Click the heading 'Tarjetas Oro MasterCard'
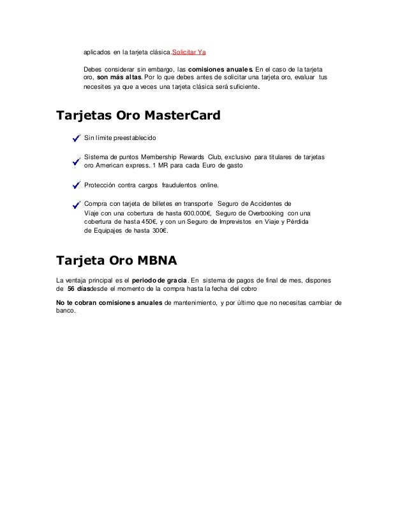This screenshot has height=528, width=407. click(138, 116)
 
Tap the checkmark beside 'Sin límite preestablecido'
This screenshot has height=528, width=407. click(76, 138)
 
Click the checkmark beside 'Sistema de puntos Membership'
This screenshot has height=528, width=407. click(76, 162)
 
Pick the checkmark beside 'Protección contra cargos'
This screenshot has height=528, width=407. click(76, 186)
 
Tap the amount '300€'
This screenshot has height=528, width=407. click(155, 231)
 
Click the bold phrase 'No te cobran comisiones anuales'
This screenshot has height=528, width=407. click(109, 302)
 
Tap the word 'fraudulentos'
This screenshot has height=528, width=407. click(182, 186)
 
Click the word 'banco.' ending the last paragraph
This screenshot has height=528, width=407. click(66, 311)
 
